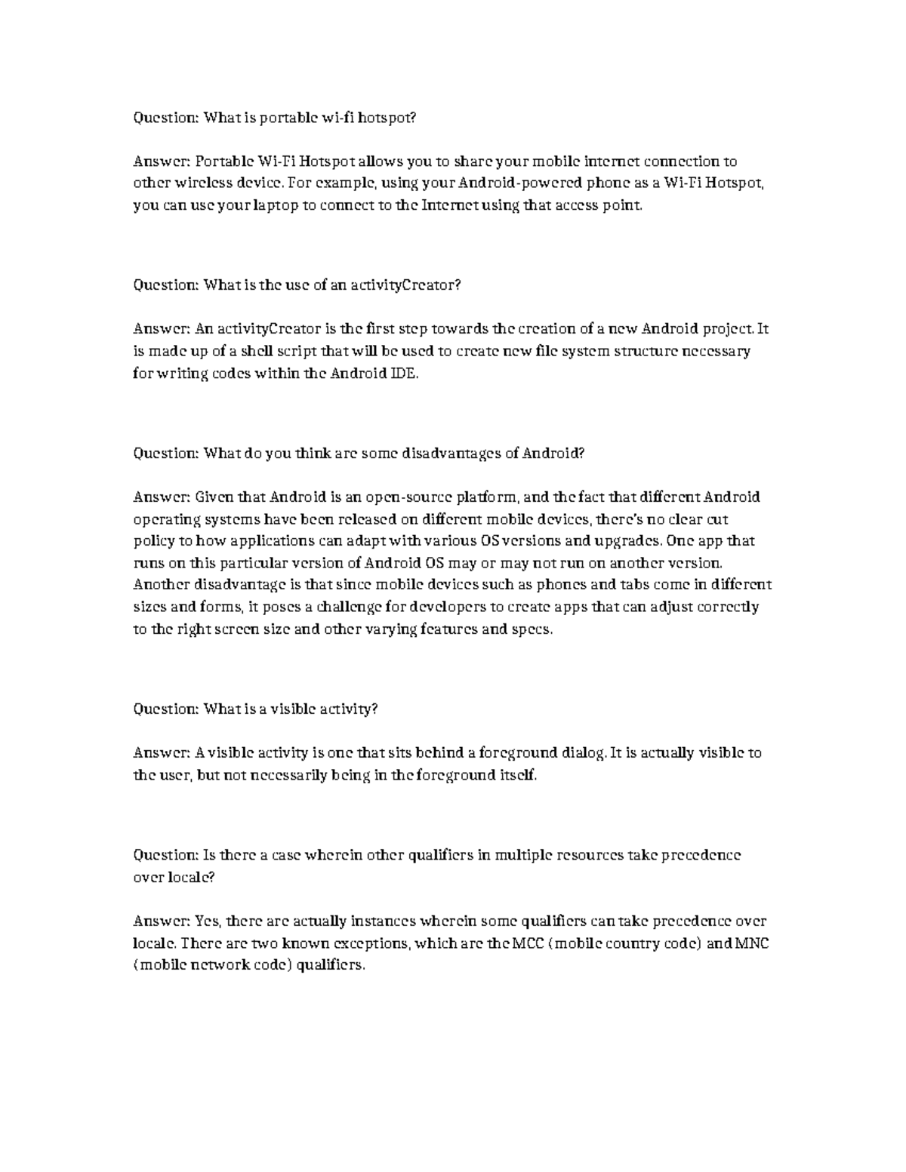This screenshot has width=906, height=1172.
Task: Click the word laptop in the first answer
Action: [277, 205]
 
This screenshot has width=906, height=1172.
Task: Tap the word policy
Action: [153, 541]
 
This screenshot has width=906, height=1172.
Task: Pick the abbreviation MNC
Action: [752, 944]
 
